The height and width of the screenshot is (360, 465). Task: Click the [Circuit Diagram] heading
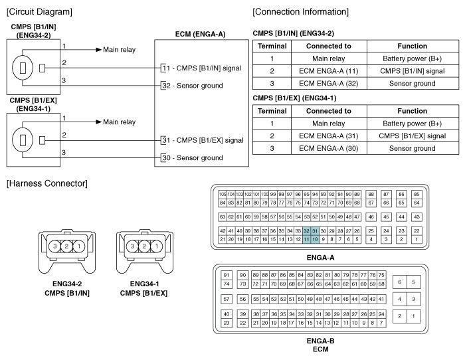pyautogui.click(x=39, y=12)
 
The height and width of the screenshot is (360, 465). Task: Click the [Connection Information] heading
pyautogui.click(x=301, y=12)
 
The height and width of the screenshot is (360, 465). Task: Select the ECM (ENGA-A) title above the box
pyautogui.click(x=202, y=34)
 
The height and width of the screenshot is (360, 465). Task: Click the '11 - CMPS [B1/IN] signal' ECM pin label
pyautogui.click(x=203, y=68)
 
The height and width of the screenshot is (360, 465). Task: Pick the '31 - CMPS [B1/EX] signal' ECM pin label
pyautogui.click(x=204, y=140)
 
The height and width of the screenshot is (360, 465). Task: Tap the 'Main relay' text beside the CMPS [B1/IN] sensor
pyautogui.click(x=119, y=50)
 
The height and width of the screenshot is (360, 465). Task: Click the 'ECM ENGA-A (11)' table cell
pyautogui.click(x=338, y=71)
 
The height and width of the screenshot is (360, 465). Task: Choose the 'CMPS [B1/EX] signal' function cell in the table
pyautogui.click(x=413, y=136)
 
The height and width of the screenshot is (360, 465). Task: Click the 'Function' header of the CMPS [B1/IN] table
pyautogui.click(x=413, y=46)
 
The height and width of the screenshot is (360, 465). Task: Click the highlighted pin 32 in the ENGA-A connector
pyautogui.click(x=307, y=230)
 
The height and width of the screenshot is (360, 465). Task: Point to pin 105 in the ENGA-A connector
pyautogui.click(x=223, y=194)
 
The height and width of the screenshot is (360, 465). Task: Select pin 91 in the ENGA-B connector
pyautogui.click(x=227, y=275)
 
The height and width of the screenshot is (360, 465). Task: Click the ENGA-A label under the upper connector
pyautogui.click(x=320, y=258)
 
